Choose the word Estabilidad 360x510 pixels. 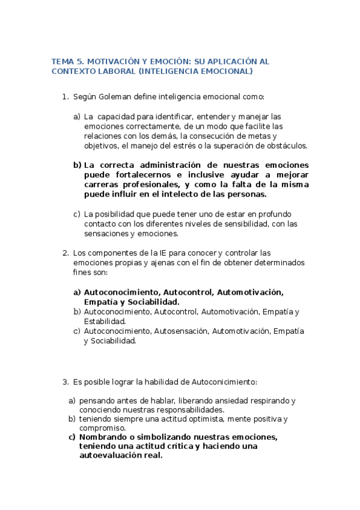click(105, 321)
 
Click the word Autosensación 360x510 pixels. click(182, 331)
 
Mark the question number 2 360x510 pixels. click(66, 253)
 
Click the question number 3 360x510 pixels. click(66, 382)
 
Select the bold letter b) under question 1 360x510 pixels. click(77, 165)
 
